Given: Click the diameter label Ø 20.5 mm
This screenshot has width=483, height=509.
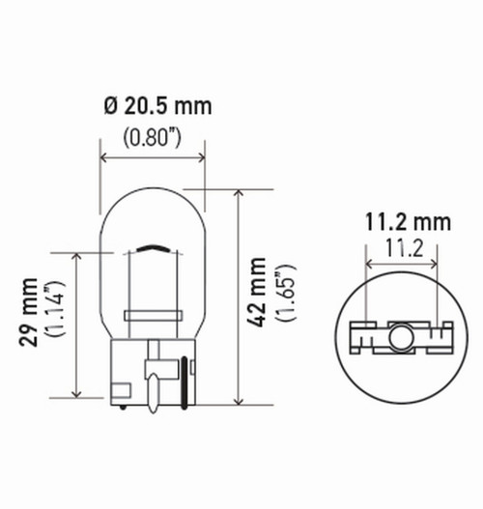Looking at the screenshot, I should tap(154, 104).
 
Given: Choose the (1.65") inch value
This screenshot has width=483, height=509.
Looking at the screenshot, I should tap(282, 295).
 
